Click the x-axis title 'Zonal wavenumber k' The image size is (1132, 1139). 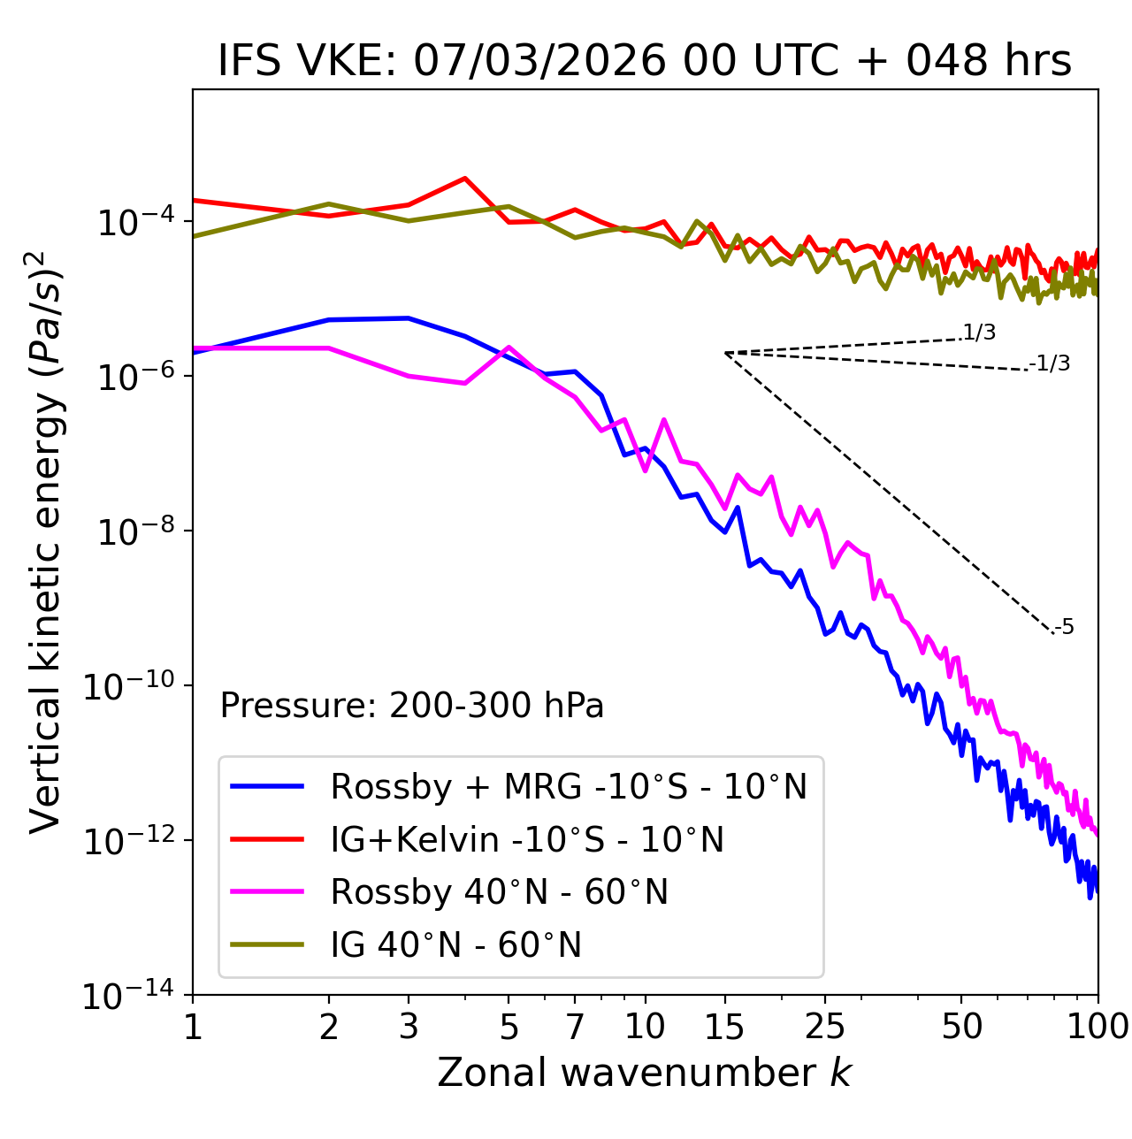pos(645,1072)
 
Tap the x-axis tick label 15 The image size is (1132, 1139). pos(724,1027)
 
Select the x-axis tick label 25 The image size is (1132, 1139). pos(825,1027)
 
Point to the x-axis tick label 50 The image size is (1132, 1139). pos(962,1027)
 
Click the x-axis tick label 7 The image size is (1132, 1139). pos(576,1027)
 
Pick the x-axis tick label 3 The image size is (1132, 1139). pos(409,1027)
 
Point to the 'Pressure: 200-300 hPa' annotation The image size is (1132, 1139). pos(412,706)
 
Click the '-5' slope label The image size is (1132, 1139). pos(1064,627)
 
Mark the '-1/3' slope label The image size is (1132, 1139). pos(1051,363)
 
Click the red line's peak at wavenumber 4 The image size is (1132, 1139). pos(465,178)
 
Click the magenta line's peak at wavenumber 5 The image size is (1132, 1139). pos(508,347)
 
